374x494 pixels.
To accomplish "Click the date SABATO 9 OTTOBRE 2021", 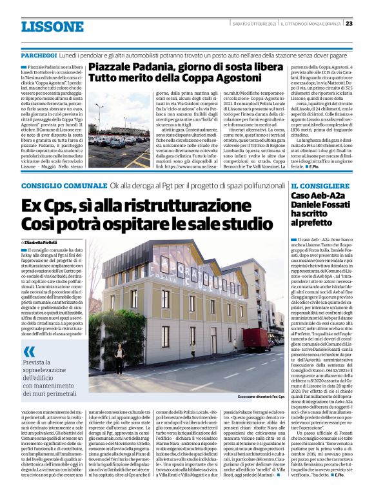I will click(x=253, y=24).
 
